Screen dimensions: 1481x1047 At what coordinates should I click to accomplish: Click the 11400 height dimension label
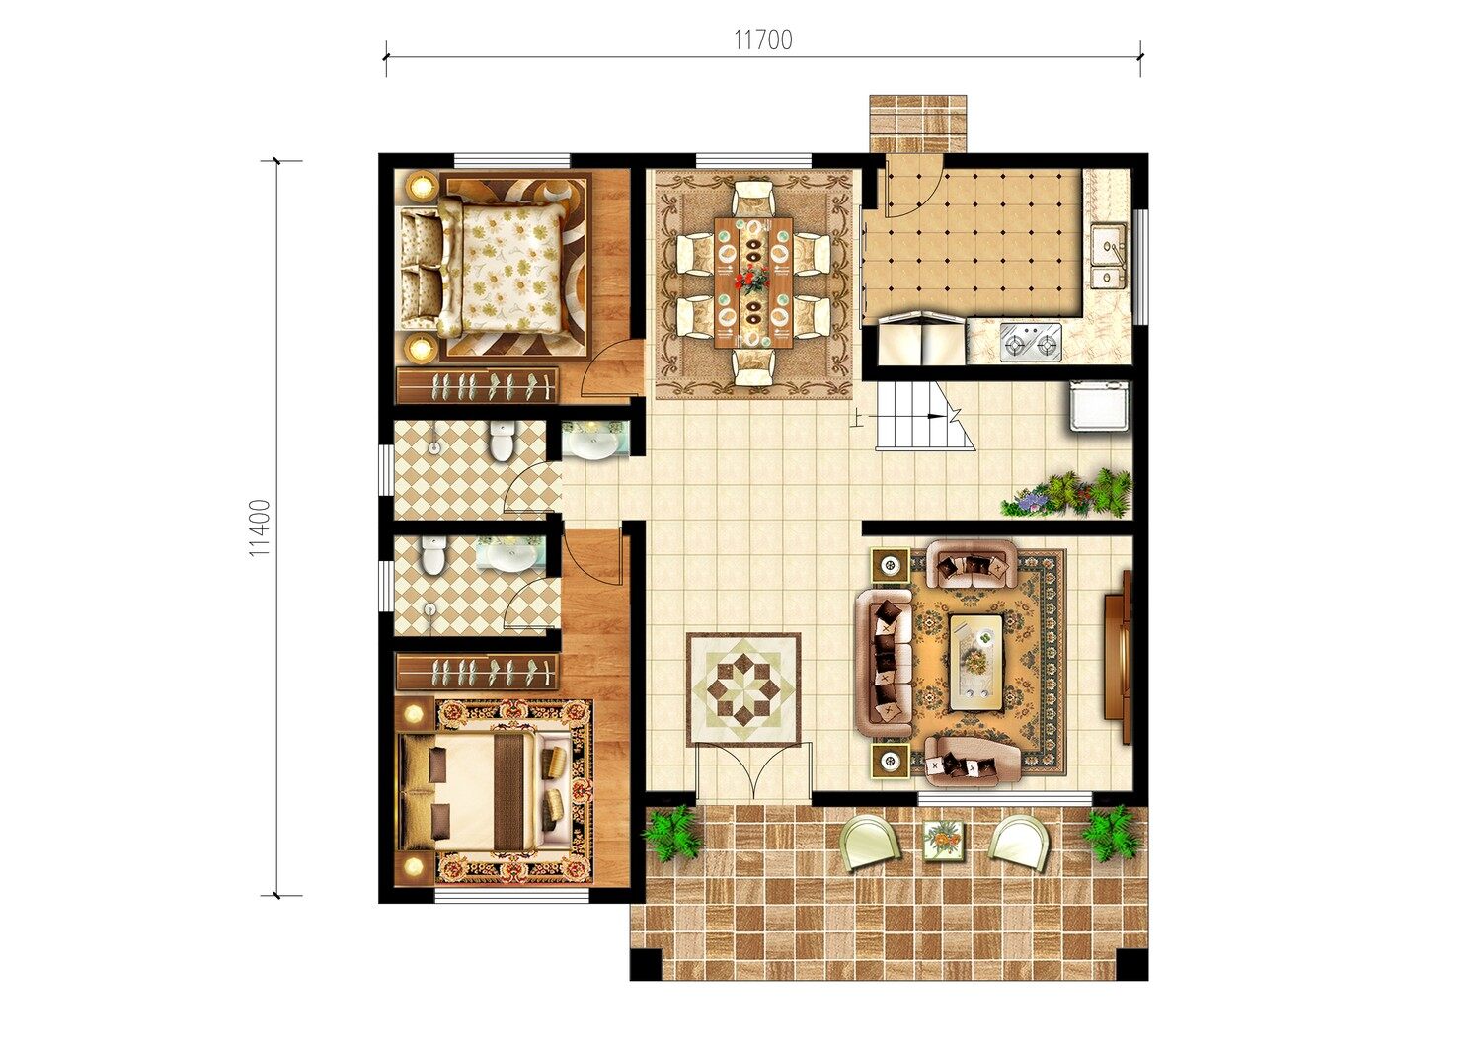click(261, 527)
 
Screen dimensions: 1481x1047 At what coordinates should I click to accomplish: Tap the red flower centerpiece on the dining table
click(752, 279)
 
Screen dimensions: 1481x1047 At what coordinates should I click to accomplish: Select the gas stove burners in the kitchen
click(1030, 342)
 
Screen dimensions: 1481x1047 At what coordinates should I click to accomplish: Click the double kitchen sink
click(1108, 256)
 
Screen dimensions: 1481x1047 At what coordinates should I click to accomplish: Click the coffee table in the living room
click(976, 663)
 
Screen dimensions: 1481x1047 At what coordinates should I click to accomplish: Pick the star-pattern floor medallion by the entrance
click(743, 688)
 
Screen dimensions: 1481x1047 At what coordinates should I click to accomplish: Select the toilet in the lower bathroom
click(433, 554)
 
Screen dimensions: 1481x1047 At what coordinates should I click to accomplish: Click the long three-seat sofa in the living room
click(884, 664)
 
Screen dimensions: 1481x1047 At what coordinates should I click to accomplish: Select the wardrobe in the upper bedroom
click(477, 385)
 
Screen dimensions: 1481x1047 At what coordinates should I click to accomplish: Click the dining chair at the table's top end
click(753, 198)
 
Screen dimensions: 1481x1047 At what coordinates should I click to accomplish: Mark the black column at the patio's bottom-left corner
click(646, 964)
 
